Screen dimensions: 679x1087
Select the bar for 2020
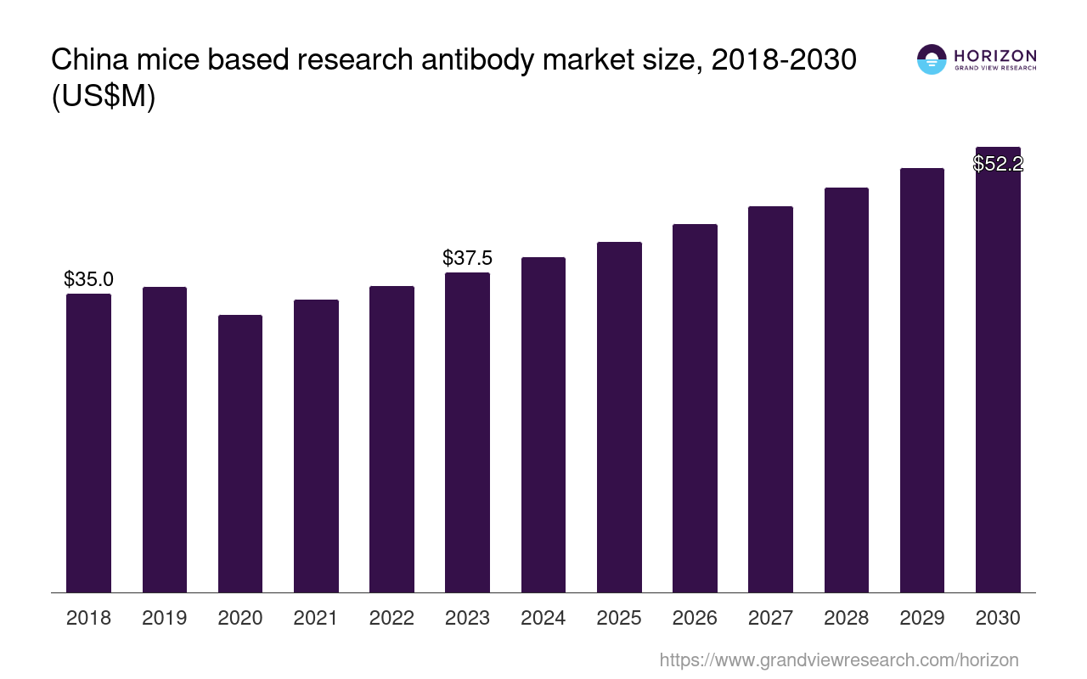coord(240,453)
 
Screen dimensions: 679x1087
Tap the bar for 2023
coord(467,432)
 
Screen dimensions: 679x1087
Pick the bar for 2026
coord(695,408)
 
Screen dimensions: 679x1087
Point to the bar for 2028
coord(846,390)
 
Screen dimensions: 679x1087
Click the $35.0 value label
coord(88,279)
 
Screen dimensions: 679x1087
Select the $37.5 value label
coord(467,258)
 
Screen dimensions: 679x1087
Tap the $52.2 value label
coord(998,164)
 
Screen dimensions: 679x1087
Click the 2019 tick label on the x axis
coord(165,618)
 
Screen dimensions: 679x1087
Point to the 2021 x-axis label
coord(316,618)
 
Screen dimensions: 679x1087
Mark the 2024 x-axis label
coord(543,618)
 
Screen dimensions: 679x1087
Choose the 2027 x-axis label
coord(770,618)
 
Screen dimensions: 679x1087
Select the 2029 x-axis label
coord(922,618)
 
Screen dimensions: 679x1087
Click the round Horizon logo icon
coord(932,59)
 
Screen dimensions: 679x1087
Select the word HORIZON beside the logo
coord(995,56)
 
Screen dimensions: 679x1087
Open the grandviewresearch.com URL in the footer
coord(838,659)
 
